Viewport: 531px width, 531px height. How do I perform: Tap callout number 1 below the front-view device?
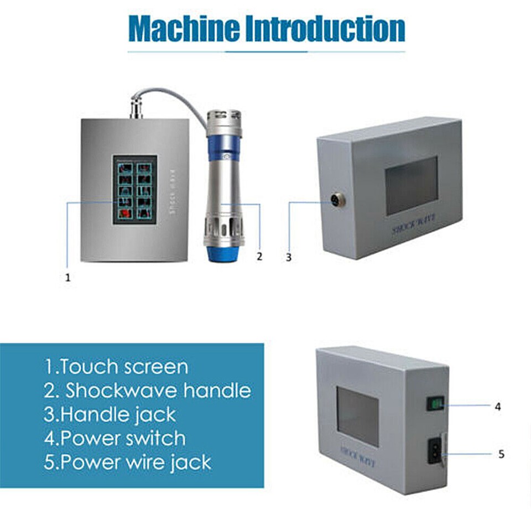click(68, 278)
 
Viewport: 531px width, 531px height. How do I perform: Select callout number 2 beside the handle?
click(258, 256)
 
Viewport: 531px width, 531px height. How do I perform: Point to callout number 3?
click(288, 257)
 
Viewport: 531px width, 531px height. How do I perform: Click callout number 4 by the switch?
click(498, 407)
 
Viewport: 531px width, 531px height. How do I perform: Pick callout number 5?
click(501, 454)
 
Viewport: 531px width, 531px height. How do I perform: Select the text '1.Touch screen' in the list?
click(116, 367)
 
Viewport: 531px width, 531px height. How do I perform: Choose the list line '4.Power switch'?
click(114, 439)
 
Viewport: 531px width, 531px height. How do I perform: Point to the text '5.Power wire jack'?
click(127, 462)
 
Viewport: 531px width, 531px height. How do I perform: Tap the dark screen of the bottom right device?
click(358, 416)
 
